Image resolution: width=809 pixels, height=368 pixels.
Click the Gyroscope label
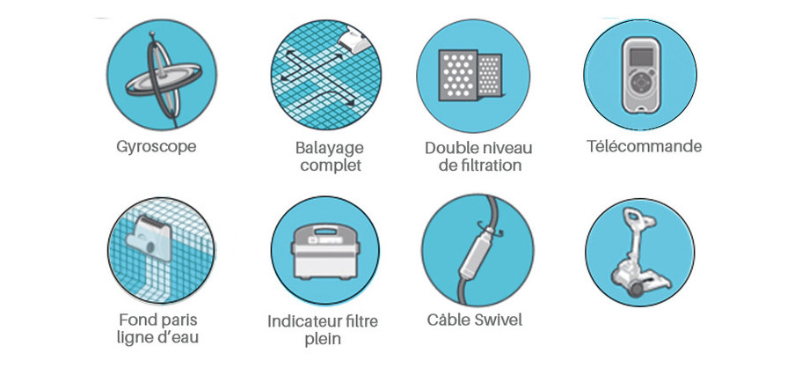click(x=157, y=147)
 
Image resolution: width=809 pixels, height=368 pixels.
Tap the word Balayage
click(x=329, y=148)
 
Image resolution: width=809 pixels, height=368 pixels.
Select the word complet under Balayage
click(x=331, y=166)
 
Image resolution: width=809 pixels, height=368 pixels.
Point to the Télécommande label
click(x=644, y=146)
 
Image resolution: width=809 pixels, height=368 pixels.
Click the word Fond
click(x=138, y=320)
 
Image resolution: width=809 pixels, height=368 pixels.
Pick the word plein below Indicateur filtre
click(x=323, y=339)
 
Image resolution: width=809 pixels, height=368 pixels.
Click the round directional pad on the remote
click(x=640, y=82)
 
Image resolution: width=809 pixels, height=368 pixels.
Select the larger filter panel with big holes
click(x=457, y=76)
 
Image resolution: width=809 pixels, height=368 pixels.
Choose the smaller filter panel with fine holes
click(x=489, y=76)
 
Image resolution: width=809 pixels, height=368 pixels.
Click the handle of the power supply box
click(x=324, y=228)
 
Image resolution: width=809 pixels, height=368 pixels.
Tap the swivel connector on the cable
click(x=473, y=252)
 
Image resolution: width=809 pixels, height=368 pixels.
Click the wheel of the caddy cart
click(x=636, y=289)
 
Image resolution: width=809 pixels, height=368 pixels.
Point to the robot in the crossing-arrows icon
click(x=353, y=38)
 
